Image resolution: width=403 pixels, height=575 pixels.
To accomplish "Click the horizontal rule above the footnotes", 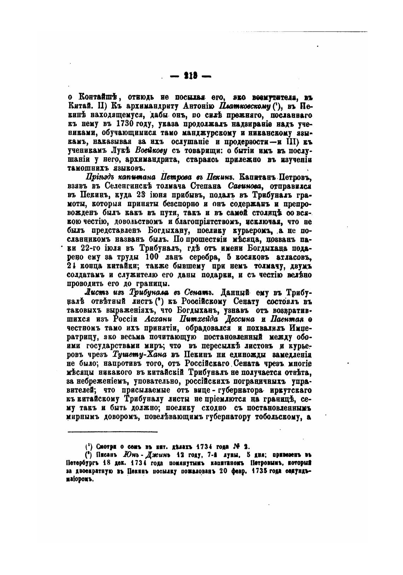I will pos(112,432).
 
